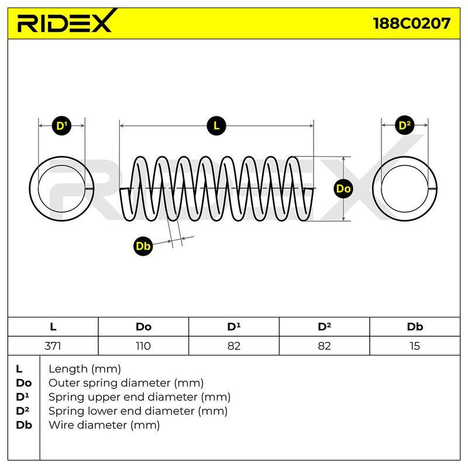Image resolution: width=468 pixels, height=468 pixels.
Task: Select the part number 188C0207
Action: click(412, 23)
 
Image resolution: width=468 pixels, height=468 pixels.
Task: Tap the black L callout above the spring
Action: click(216, 126)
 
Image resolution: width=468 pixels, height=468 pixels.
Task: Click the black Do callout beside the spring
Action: click(343, 188)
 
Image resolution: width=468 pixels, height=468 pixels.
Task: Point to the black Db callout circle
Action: click(143, 246)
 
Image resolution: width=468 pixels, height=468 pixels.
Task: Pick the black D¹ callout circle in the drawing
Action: click(62, 126)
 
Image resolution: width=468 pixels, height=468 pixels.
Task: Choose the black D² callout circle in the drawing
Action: click(404, 126)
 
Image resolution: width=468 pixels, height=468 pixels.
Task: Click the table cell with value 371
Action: click(53, 346)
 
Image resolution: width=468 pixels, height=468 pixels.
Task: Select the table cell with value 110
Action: click(143, 346)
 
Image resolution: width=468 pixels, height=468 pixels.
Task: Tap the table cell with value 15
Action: click(415, 346)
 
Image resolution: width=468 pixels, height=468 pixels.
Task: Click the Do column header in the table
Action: click(143, 327)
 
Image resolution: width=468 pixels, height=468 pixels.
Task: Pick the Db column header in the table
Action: click(415, 327)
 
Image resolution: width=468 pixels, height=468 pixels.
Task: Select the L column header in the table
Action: click(53, 327)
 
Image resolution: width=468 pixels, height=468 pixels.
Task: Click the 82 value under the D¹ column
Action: click(233, 346)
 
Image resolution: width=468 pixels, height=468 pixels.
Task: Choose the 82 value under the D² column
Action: click(324, 346)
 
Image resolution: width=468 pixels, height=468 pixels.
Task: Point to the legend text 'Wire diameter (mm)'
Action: click(104, 425)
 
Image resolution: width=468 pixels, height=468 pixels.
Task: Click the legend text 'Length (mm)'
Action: click(85, 369)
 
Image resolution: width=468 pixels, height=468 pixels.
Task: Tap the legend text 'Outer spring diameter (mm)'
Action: click(126, 383)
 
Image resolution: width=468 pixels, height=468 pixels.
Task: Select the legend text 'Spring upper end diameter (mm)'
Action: click(139, 397)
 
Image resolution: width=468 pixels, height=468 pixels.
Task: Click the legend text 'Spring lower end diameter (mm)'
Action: click(138, 411)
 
